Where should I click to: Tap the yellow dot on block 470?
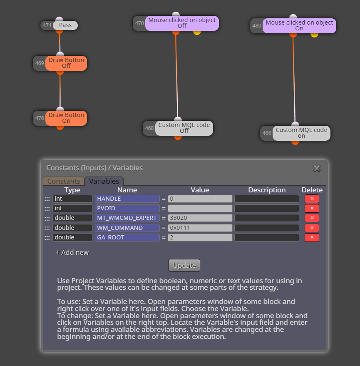click(x=197, y=32)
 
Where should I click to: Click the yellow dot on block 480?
click(x=314, y=35)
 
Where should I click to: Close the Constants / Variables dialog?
click(x=317, y=168)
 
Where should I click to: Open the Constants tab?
click(x=64, y=181)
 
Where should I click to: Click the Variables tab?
click(x=104, y=181)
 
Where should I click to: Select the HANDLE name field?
click(x=127, y=199)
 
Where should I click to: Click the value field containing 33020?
click(x=200, y=218)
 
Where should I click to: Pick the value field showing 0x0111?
click(x=200, y=228)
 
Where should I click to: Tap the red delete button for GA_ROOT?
click(x=312, y=237)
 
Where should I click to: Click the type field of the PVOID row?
click(x=72, y=208)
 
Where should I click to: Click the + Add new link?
click(x=72, y=252)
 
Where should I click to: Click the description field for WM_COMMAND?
click(x=267, y=228)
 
